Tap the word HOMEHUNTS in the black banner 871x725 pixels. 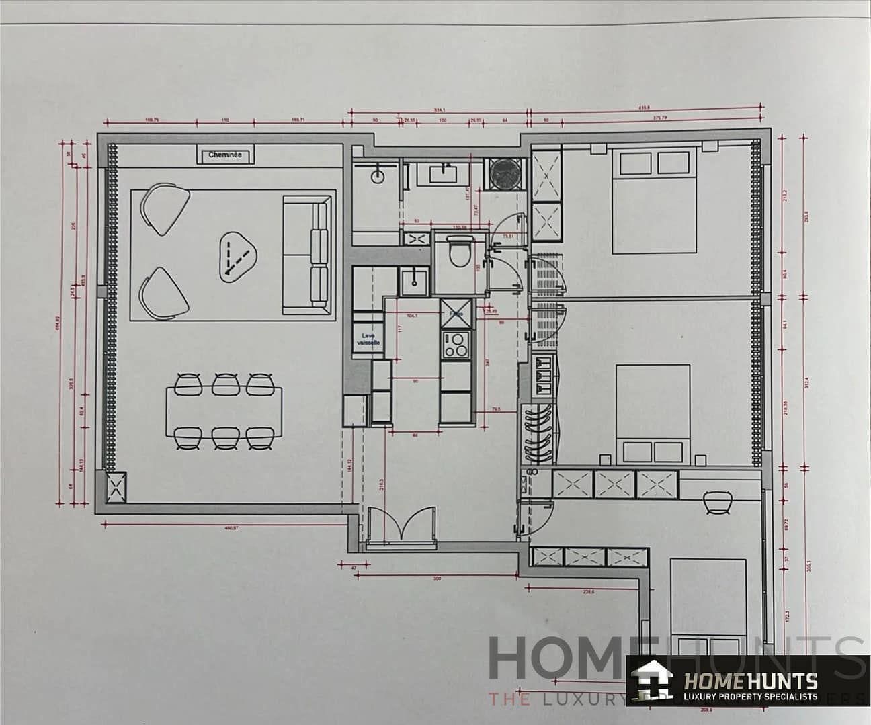750,681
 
